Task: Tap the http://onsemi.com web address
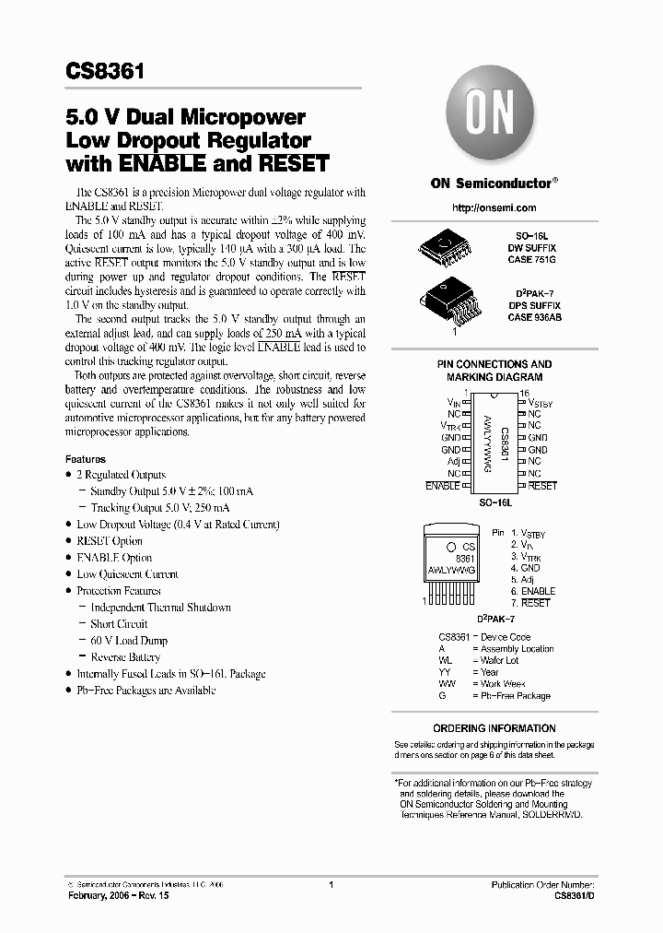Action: [494, 210]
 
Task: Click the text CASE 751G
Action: [534, 260]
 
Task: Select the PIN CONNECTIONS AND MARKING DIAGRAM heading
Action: [494, 371]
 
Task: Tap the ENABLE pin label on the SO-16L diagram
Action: [443, 485]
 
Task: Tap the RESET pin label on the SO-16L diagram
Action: [542, 485]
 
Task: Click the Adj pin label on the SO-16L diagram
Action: [453, 461]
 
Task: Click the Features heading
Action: [86, 458]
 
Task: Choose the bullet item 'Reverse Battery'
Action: [125, 657]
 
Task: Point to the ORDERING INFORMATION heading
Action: [494, 728]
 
